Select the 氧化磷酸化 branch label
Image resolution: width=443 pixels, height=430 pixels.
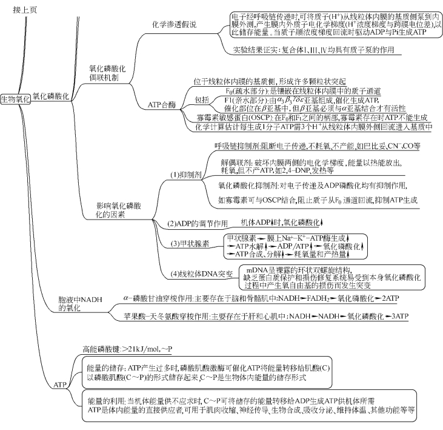coord(50,96)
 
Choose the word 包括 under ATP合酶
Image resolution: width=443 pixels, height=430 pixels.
coord(202,99)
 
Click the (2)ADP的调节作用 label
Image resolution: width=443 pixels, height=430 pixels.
coord(197,223)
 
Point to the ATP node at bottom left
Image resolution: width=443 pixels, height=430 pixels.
coord(60,385)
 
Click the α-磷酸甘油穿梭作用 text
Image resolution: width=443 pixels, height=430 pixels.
coord(158,298)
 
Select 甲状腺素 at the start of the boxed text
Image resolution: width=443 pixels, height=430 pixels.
coord(238,238)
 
